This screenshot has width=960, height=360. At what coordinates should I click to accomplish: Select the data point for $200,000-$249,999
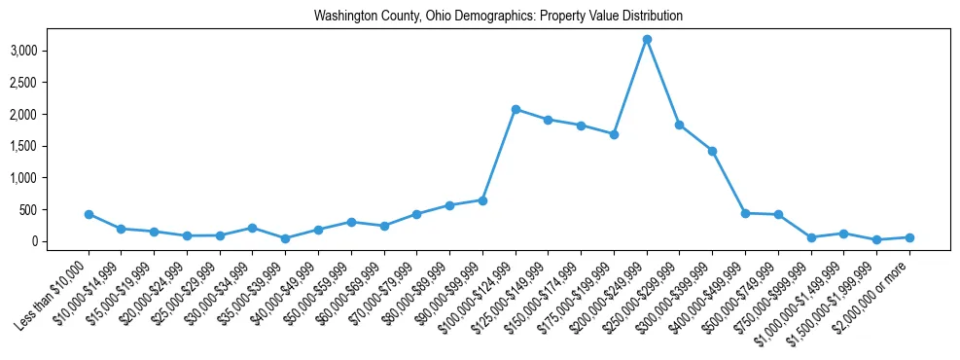647,39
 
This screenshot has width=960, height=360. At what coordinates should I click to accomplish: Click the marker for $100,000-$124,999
516,109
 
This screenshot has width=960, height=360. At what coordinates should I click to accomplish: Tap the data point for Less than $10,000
89,214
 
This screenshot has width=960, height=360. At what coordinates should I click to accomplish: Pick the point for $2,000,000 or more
909,237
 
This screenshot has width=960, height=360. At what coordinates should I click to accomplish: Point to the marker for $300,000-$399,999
713,151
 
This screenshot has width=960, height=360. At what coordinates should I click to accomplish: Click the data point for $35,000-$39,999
285,238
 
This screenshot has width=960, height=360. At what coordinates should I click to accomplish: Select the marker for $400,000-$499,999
745,213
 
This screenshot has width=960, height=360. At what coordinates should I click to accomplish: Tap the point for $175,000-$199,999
614,134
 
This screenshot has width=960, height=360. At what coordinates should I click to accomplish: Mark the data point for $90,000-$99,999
482,200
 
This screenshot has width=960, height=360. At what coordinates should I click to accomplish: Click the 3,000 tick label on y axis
52,51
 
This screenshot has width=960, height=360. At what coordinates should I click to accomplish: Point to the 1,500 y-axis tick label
52,146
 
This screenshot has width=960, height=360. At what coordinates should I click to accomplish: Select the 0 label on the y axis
60,241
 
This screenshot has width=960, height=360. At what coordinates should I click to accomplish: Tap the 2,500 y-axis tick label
52,83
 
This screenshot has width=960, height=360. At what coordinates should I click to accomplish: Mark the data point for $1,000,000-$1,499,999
844,234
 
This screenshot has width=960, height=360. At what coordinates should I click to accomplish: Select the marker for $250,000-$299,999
680,125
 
